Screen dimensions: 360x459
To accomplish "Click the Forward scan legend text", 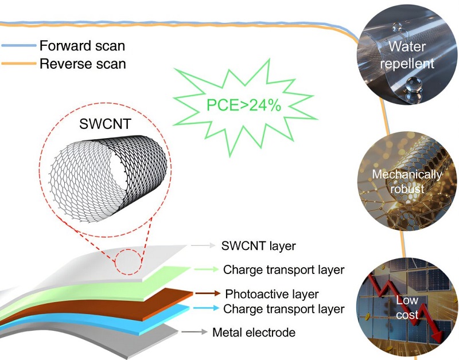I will (81, 45).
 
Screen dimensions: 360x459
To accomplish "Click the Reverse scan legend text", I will (83, 63).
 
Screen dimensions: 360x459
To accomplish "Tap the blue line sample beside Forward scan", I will (18, 45).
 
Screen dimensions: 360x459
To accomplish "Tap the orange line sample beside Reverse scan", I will (18, 63).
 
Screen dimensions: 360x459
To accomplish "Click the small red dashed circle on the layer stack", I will (128, 261).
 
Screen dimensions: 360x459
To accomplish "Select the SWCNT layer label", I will (258, 246).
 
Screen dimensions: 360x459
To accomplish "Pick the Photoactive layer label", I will (272, 294).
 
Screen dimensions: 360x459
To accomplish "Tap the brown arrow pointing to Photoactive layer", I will (208, 294).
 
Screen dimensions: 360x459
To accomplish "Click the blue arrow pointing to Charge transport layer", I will (207, 309).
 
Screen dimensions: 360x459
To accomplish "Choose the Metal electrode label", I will (254, 332).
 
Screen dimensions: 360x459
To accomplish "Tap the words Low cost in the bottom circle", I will (408, 307).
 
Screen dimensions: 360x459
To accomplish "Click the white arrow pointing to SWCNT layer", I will (201, 245).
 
